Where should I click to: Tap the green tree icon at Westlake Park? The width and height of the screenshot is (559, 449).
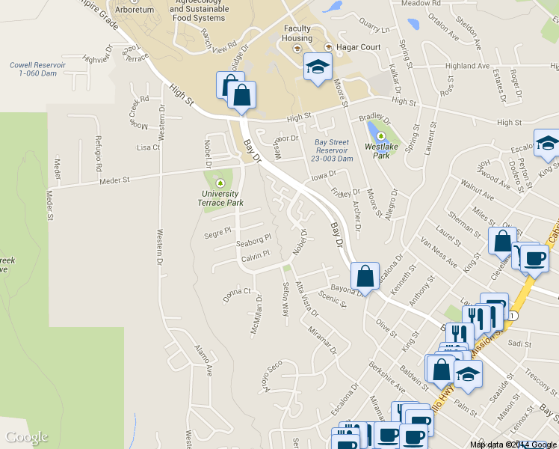[381, 136]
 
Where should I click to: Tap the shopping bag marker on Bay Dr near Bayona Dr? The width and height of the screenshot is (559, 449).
[364, 275]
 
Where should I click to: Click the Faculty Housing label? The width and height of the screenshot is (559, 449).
[297, 34]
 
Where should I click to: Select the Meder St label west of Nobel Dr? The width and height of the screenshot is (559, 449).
[115, 180]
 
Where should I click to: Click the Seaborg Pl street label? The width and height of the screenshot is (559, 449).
[253, 244]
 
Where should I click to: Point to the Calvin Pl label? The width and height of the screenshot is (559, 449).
[254, 258]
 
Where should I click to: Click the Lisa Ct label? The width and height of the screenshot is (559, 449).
[148, 147]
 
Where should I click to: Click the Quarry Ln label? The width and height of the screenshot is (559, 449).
[374, 31]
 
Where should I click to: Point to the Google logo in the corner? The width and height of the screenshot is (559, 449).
[27, 437]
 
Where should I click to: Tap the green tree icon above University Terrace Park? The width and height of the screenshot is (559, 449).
[220, 183]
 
